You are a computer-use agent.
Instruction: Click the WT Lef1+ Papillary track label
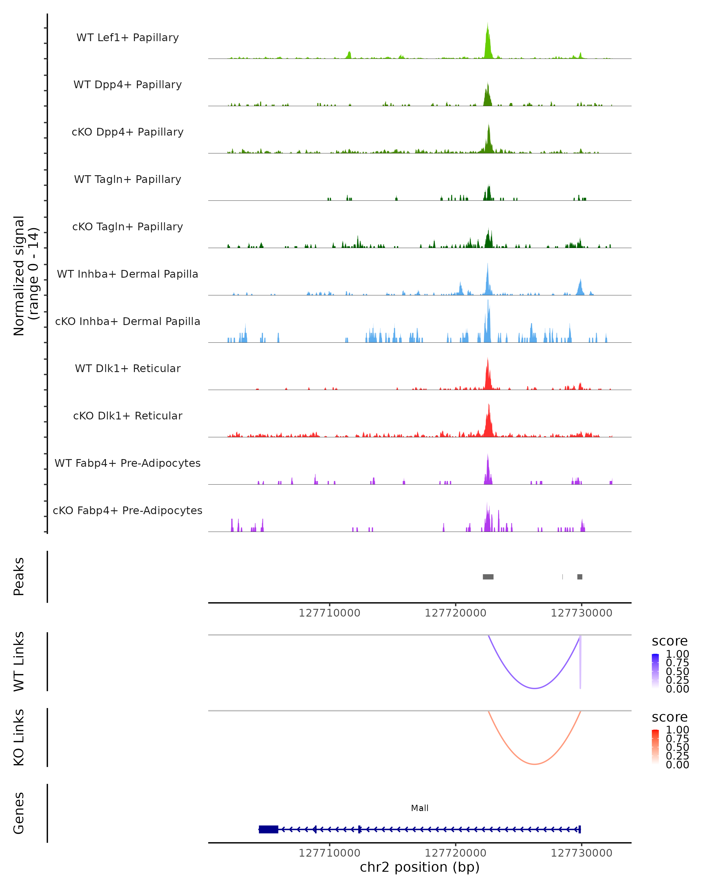pyautogui.click(x=128, y=38)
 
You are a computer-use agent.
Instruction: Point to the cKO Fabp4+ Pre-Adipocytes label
pyautogui.click(x=128, y=510)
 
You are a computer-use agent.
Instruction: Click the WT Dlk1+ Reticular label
pyautogui.click(x=128, y=368)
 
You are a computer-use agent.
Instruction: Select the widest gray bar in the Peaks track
pyautogui.click(x=488, y=577)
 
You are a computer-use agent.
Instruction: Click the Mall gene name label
pyautogui.click(x=419, y=808)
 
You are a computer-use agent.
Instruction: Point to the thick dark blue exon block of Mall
pyautogui.click(x=268, y=829)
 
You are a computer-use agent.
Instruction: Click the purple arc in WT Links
pyautogui.click(x=534, y=688)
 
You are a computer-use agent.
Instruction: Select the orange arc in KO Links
pyautogui.click(x=534, y=764)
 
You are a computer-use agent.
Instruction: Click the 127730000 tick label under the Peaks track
pyautogui.click(x=581, y=613)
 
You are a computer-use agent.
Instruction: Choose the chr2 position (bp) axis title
pyautogui.click(x=419, y=867)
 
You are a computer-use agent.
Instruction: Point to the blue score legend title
pyautogui.click(x=670, y=641)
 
